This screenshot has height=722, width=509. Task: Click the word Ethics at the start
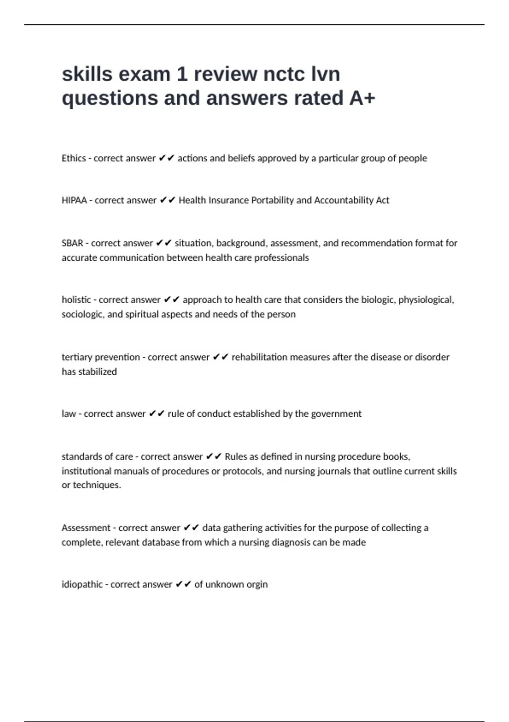click(74, 158)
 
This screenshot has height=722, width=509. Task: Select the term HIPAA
click(74, 200)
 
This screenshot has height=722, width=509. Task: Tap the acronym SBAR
click(73, 243)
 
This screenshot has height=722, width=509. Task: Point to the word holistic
click(76, 300)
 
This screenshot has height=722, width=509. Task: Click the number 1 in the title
click(182, 74)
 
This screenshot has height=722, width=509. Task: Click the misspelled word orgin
click(257, 585)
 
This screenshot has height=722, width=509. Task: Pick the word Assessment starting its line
click(86, 528)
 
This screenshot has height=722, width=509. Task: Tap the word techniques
click(97, 485)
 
